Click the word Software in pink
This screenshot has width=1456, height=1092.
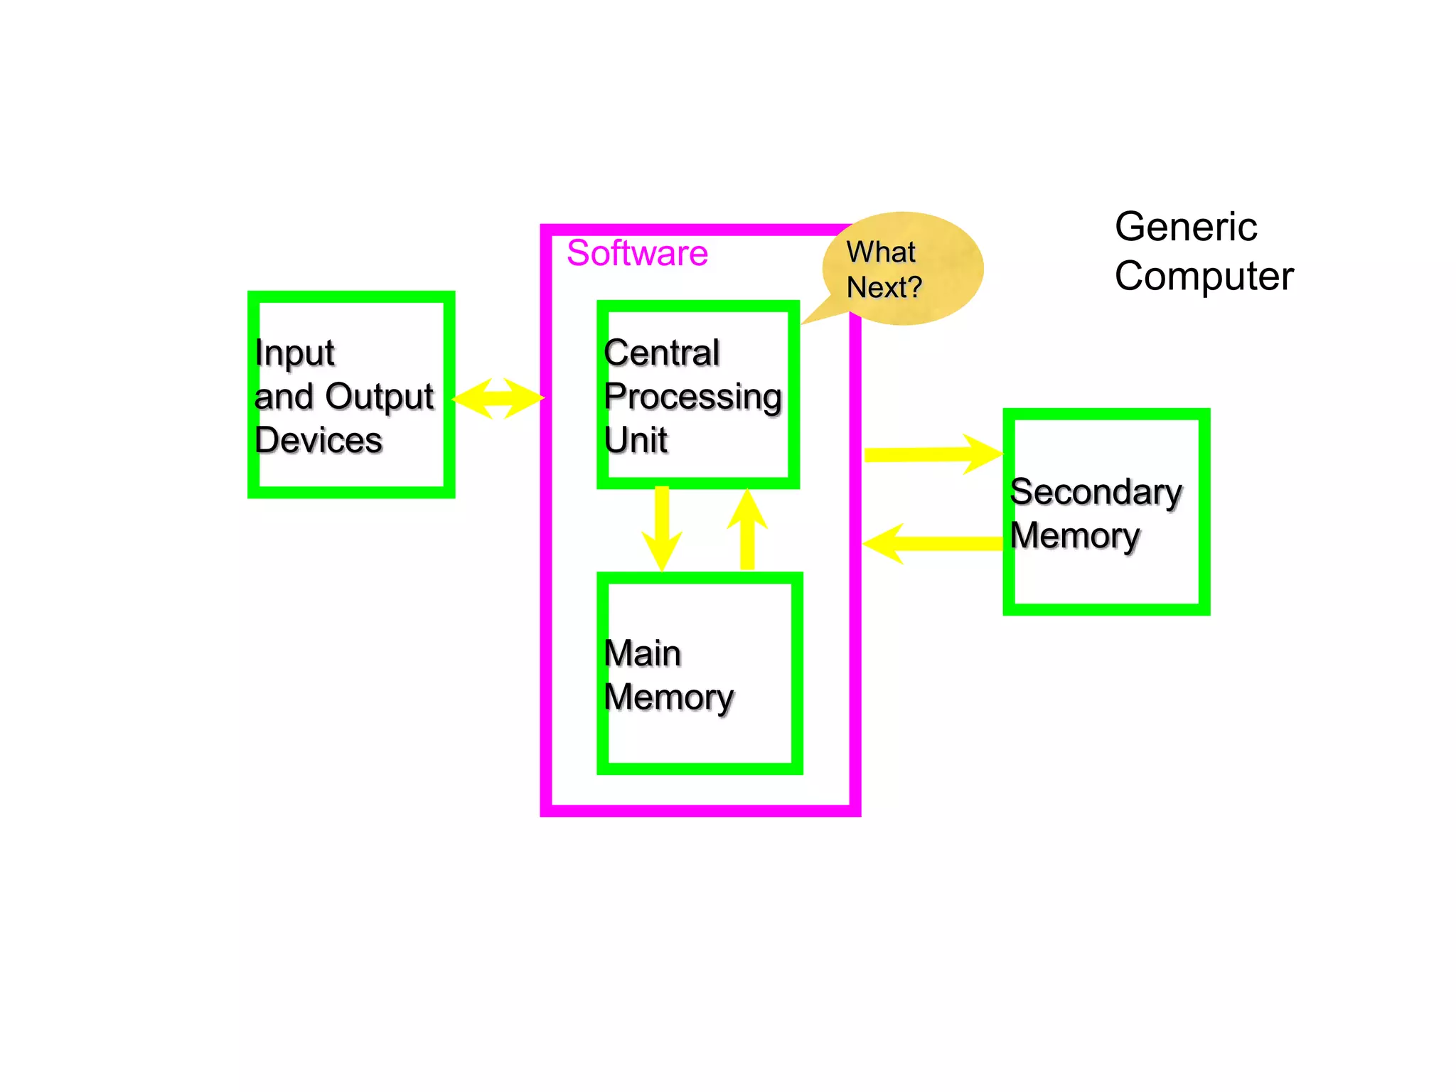click(x=637, y=253)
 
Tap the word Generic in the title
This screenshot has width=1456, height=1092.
click(x=1185, y=227)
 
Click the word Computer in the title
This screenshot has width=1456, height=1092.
click(x=1204, y=277)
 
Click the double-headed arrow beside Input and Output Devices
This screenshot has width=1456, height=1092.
click(x=498, y=398)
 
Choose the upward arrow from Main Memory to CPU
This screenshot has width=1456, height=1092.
click(x=747, y=530)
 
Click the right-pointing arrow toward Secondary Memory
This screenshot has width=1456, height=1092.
click(x=932, y=454)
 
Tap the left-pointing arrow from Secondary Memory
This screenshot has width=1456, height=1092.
click(x=932, y=544)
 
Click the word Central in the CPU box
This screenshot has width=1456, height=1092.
click(x=662, y=353)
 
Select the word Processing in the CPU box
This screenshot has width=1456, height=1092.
click(x=693, y=397)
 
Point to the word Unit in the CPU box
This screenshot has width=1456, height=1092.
click(x=636, y=440)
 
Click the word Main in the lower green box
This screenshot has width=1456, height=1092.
click(x=643, y=653)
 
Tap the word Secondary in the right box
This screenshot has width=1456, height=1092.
click(x=1096, y=492)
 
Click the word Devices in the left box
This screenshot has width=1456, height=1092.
click(x=318, y=440)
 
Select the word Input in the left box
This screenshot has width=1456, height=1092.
click(x=294, y=353)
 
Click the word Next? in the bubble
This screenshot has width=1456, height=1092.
click(x=884, y=288)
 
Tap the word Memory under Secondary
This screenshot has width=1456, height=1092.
click(x=1075, y=536)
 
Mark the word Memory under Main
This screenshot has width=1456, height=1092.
click(x=669, y=697)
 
